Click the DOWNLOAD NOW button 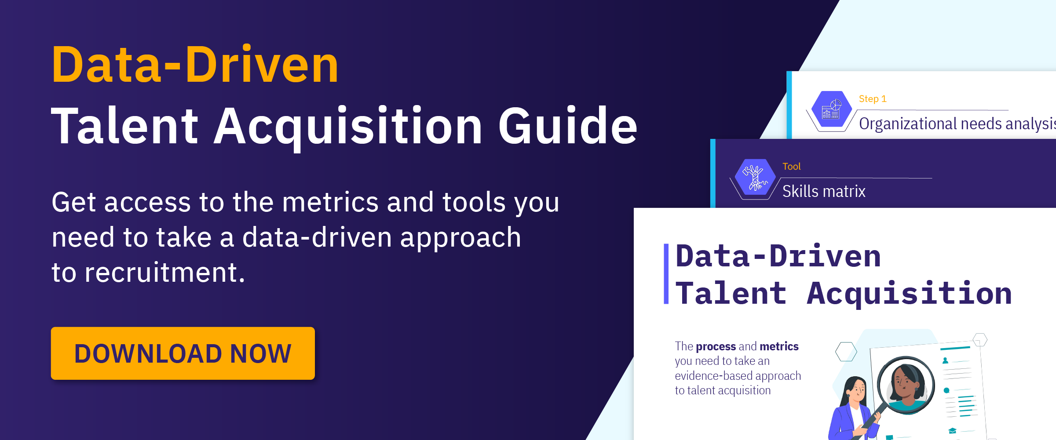pyautogui.click(x=183, y=353)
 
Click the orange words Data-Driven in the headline pyautogui.click(x=195, y=65)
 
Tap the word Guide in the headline pyautogui.click(x=567, y=126)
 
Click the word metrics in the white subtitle pyautogui.click(x=330, y=202)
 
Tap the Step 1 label pyautogui.click(x=873, y=99)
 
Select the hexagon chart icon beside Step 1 pyautogui.click(x=831, y=109)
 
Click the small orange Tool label pyautogui.click(x=791, y=167)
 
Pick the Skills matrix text pyautogui.click(x=824, y=192)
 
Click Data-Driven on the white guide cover pyautogui.click(x=778, y=256)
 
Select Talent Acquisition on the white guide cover pyautogui.click(x=844, y=294)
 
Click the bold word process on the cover pyautogui.click(x=716, y=346)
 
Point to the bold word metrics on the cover pyautogui.click(x=779, y=346)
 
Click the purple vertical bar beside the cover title pyautogui.click(x=666, y=274)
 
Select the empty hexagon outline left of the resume pyautogui.click(x=846, y=352)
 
